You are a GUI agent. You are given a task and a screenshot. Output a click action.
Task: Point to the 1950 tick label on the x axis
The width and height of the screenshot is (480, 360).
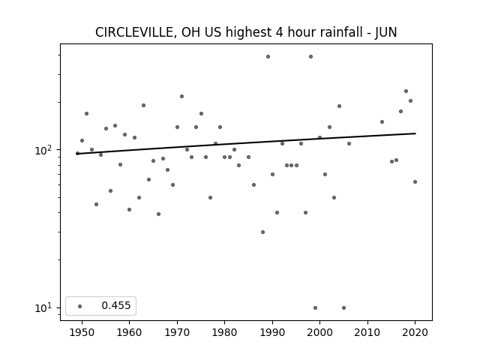click(82, 332)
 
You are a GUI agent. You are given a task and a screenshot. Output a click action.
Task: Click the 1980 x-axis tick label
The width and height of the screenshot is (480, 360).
click(225, 332)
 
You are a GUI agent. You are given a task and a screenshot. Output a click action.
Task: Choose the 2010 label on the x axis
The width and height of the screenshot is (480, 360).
click(367, 332)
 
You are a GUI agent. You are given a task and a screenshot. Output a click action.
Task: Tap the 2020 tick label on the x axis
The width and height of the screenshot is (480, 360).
click(415, 332)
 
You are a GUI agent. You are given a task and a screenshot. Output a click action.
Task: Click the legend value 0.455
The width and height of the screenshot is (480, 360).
click(116, 305)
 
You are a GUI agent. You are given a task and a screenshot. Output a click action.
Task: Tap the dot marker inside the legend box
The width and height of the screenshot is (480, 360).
click(80, 306)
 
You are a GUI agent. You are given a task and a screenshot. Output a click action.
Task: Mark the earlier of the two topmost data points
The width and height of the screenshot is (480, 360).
click(268, 57)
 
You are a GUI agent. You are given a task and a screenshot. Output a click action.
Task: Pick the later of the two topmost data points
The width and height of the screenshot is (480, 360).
click(310, 57)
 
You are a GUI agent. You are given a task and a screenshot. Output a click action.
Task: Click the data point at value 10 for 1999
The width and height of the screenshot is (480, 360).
click(315, 308)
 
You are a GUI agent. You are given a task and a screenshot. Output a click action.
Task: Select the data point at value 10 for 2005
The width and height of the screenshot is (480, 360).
click(343, 308)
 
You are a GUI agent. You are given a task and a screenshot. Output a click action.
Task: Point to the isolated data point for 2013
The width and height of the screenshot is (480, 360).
click(382, 121)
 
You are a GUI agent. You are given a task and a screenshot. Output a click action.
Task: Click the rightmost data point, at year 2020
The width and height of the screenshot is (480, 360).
click(415, 181)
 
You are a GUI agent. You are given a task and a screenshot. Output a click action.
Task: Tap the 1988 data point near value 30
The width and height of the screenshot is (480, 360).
click(262, 232)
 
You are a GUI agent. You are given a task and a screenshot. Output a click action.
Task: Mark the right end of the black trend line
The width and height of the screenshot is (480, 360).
click(415, 133)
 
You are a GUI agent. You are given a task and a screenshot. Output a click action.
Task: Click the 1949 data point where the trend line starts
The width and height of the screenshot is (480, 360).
click(77, 153)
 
